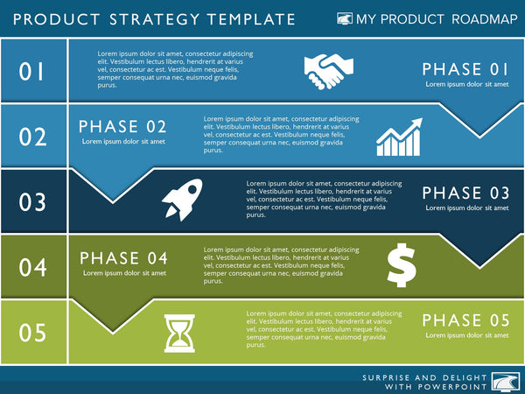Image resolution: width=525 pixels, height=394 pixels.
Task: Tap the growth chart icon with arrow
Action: pyautogui.click(x=399, y=137)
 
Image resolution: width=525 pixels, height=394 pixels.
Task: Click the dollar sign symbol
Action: pyautogui.click(x=401, y=265)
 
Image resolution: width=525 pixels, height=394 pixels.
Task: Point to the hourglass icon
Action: pyautogui.click(x=178, y=334)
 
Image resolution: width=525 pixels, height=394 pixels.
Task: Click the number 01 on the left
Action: pyautogui.click(x=32, y=72)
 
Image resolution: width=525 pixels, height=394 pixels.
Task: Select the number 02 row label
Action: pyautogui.click(x=32, y=137)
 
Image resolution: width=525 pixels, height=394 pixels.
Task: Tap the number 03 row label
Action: pyautogui.click(x=32, y=202)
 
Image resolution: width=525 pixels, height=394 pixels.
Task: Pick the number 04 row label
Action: pyautogui.click(x=32, y=267)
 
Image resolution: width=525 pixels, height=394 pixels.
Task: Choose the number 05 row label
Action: pyautogui.click(x=32, y=333)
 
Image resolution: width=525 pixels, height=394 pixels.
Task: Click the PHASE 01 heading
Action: pyautogui.click(x=465, y=69)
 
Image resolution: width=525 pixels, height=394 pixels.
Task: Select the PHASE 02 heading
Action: pyautogui.click(x=122, y=127)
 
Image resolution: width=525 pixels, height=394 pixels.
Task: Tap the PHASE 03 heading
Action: pyautogui.click(x=465, y=193)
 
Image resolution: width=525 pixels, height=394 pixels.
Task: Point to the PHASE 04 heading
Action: pyautogui.click(x=122, y=258)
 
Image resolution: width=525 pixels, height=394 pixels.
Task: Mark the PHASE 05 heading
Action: pyautogui.click(x=465, y=320)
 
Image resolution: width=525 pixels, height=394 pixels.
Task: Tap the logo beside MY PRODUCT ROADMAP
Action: pyautogui.click(x=345, y=18)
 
